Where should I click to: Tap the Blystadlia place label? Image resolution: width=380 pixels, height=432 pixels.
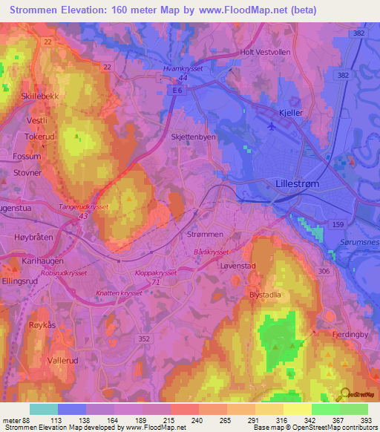tap(268, 293)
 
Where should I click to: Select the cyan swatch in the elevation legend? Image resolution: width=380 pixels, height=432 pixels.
tap(43, 409)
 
